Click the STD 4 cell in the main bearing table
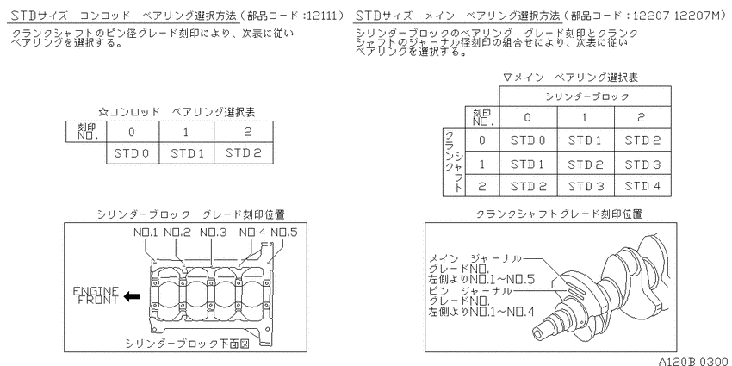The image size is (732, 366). point(642,186)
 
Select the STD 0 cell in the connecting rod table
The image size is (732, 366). point(133,153)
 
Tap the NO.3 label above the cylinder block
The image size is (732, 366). point(214,232)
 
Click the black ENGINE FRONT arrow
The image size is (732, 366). point(132,296)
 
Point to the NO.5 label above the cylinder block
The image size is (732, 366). point(284,232)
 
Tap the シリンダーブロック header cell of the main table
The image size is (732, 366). point(586,96)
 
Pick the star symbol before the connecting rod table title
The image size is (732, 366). point(103,112)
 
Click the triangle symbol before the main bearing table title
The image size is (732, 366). point(508,77)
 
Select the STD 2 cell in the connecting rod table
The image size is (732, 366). point(244,153)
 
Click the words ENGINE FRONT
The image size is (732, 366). point(96,295)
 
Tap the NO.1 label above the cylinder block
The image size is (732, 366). point(146,232)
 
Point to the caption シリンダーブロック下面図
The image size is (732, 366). point(187,344)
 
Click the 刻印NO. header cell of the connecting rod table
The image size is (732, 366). point(86,132)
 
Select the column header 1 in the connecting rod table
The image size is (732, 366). point(187,132)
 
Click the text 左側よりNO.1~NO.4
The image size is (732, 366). point(481,312)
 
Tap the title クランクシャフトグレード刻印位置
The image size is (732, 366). point(559,214)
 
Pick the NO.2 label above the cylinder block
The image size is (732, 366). point(177,232)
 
